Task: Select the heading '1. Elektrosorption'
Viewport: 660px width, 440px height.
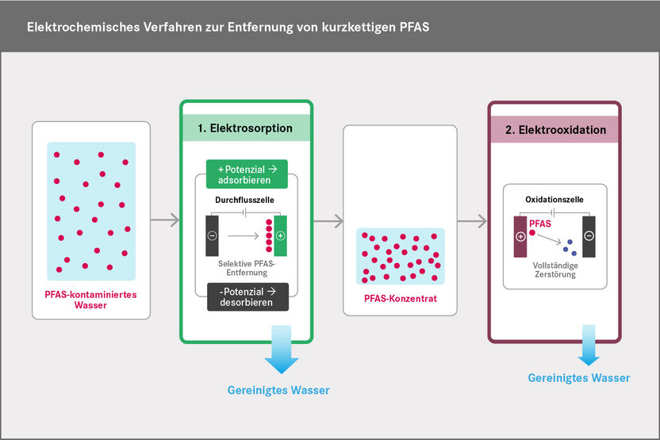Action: coord(246,127)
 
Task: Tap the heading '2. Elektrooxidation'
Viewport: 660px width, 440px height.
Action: coord(555,129)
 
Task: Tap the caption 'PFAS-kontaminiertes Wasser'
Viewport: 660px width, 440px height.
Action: coord(91,299)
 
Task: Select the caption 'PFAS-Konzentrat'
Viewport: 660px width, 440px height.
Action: coord(400,299)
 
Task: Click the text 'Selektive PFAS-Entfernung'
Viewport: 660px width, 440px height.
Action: coord(246,267)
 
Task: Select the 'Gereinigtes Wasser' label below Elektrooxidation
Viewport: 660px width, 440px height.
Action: coord(579,378)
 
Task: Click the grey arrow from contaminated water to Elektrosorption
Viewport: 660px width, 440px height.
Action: coord(165,220)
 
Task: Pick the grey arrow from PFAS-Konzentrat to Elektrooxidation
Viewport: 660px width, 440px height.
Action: coord(471,220)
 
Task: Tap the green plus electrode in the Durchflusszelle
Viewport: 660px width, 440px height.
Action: coord(280,235)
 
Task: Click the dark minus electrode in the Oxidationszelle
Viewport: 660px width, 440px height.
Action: coord(588,236)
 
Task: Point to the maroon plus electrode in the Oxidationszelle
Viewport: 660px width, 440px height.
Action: coord(520,236)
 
